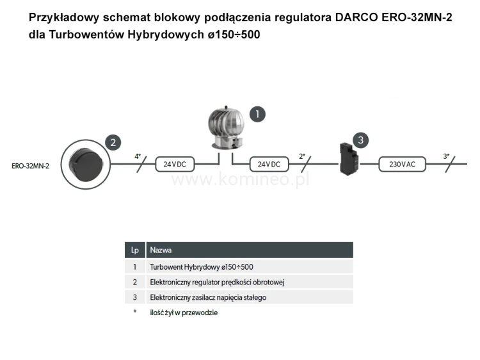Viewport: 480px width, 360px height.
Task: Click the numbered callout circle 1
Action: (x=257, y=115)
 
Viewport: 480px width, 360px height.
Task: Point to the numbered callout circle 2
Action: (x=113, y=143)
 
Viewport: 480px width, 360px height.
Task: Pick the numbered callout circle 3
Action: (x=361, y=139)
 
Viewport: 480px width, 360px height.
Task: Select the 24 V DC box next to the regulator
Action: (x=175, y=164)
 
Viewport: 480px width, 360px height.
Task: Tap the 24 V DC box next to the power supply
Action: (x=269, y=164)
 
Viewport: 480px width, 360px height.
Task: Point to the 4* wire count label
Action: (x=137, y=156)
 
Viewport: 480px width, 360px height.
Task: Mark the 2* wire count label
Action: (x=302, y=156)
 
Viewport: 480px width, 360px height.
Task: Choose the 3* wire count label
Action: (x=446, y=156)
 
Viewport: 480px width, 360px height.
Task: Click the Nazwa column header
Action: (x=160, y=250)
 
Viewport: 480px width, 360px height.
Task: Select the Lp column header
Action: (x=134, y=250)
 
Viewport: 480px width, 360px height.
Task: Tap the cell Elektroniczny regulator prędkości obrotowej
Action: (x=216, y=282)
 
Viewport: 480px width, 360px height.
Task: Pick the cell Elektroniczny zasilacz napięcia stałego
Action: (x=208, y=297)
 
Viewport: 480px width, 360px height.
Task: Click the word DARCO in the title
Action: (x=355, y=17)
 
